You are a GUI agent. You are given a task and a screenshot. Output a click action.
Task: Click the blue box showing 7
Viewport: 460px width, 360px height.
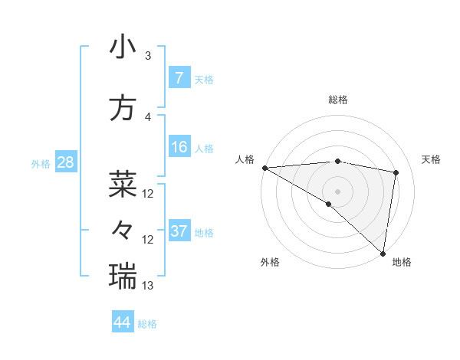(179, 78)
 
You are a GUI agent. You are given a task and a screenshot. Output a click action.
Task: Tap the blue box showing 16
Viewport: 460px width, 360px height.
(179, 147)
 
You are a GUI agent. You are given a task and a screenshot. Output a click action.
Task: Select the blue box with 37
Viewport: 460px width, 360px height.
(179, 231)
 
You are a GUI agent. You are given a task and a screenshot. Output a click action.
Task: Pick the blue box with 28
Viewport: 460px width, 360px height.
(65, 162)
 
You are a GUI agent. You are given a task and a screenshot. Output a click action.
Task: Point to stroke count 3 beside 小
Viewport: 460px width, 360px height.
(148, 56)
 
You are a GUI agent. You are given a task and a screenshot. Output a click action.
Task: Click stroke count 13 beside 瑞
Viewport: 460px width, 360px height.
(148, 285)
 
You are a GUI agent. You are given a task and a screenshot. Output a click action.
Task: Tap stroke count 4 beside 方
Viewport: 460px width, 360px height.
(148, 117)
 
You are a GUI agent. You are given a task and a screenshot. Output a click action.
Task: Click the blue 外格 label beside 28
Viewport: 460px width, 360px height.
(40, 163)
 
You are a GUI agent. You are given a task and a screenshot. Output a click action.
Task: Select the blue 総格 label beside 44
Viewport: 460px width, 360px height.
(147, 324)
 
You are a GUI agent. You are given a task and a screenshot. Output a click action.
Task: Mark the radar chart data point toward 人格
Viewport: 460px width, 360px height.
(264, 168)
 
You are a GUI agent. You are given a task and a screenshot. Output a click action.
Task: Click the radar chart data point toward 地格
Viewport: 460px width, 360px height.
(383, 253)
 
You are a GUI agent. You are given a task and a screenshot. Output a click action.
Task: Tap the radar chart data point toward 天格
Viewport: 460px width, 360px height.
(396, 172)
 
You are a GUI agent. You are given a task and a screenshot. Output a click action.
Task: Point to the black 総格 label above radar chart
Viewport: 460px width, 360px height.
(337, 100)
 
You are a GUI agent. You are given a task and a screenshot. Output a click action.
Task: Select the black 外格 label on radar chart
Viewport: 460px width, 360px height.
(270, 263)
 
